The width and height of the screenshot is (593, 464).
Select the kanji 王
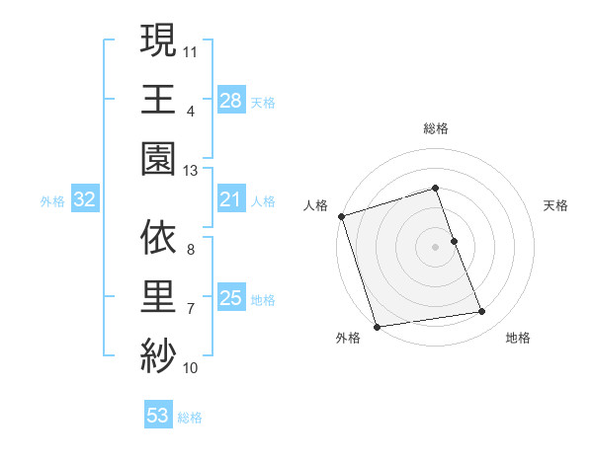point(158,99)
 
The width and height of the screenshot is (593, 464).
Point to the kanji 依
point(158,237)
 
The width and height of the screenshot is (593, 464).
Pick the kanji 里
point(158,297)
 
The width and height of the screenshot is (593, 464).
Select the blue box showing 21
point(231,199)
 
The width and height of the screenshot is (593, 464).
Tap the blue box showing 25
point(231,297)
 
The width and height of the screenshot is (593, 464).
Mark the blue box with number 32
point(85,199)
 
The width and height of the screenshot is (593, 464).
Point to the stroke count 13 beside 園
point(191,170)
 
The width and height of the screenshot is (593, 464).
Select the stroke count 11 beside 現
point(191,50)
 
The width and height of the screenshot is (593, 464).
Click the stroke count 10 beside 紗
point(191,368)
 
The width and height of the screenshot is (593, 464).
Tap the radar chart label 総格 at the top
point(436,128)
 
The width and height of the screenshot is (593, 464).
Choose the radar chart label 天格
point(556,205)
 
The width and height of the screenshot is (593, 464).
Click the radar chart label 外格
point(348,338)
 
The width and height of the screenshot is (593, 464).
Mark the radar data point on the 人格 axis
point(341,216)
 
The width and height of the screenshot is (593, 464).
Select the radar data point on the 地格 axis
point(482,312)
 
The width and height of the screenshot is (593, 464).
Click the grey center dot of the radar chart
point(436,247)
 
